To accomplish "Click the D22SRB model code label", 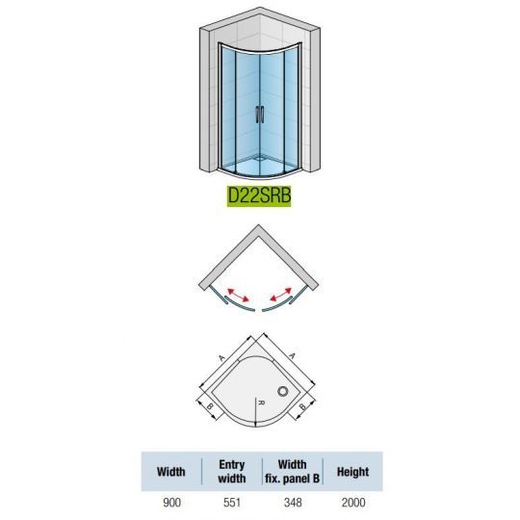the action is pos(259,195).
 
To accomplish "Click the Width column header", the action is pos(170,472).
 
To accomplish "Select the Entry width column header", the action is pos(232,472).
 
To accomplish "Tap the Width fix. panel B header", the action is pos(292,472).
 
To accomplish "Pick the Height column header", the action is pos(352,472).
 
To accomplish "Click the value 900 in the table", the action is pos(171,503).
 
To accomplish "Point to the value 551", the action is pos(232,503).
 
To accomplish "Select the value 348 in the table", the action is pos(293,503).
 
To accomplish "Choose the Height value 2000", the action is pos(353,503).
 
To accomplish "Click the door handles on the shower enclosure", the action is pos(260,115).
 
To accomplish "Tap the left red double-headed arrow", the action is pos(238,296).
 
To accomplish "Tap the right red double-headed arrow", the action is pos(280,295).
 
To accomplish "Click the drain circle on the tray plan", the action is pos(283,391).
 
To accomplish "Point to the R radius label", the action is pos(261,403).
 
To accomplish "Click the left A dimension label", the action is pos(221,358).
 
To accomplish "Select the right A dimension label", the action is pos(292,356).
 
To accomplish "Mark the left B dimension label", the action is pos(210,406).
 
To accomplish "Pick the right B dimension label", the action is pos(302,406).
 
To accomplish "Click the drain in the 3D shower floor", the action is pos(260,158).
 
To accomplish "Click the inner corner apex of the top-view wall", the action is pos(259,235).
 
